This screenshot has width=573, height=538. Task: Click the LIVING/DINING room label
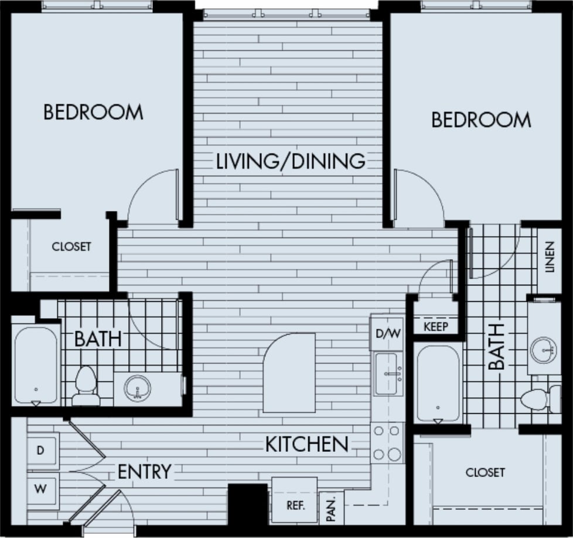[x=291, y=161]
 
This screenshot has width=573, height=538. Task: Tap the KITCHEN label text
[x=308, y=444]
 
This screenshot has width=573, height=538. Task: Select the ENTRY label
[x=144, y=471]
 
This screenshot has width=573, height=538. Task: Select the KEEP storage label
[x=436, y=326]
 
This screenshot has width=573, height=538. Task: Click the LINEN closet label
[x=549, y=258]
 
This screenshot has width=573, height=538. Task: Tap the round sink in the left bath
[x=138, y=387]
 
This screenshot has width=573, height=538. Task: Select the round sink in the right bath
[x=544, y=350]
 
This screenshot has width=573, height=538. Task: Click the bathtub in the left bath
[x=36, y=365]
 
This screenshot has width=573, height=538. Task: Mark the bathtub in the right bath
[x=438, y=383]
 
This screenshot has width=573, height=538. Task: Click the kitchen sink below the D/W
[x=388, y=374]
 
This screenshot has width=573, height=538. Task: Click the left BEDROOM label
[x=93, y=112]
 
